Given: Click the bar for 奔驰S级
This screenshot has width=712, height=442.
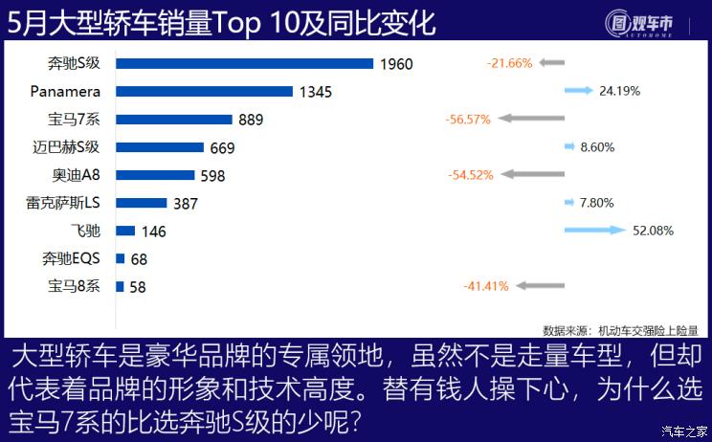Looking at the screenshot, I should point(244,64).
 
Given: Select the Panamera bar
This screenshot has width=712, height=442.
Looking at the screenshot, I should point(204,92).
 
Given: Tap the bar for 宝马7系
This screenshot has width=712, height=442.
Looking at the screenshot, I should point(173,120).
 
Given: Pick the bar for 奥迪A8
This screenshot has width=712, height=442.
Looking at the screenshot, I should point(155,175).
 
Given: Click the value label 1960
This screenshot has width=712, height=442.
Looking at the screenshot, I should point(395,64).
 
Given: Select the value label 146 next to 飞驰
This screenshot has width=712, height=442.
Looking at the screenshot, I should point(153,231).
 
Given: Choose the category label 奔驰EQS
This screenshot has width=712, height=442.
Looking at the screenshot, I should point(72,258).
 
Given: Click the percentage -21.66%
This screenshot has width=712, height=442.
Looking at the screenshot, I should point(509,63).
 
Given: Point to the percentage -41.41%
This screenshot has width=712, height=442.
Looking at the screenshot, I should point(486,285).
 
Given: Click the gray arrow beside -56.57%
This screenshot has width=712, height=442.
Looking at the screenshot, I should point(531,119).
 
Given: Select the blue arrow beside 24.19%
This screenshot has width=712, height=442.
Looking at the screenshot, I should point(579,91).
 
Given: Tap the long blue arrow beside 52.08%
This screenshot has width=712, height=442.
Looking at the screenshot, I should point(592,231).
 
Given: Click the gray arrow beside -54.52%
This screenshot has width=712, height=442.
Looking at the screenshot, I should point(532,175).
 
